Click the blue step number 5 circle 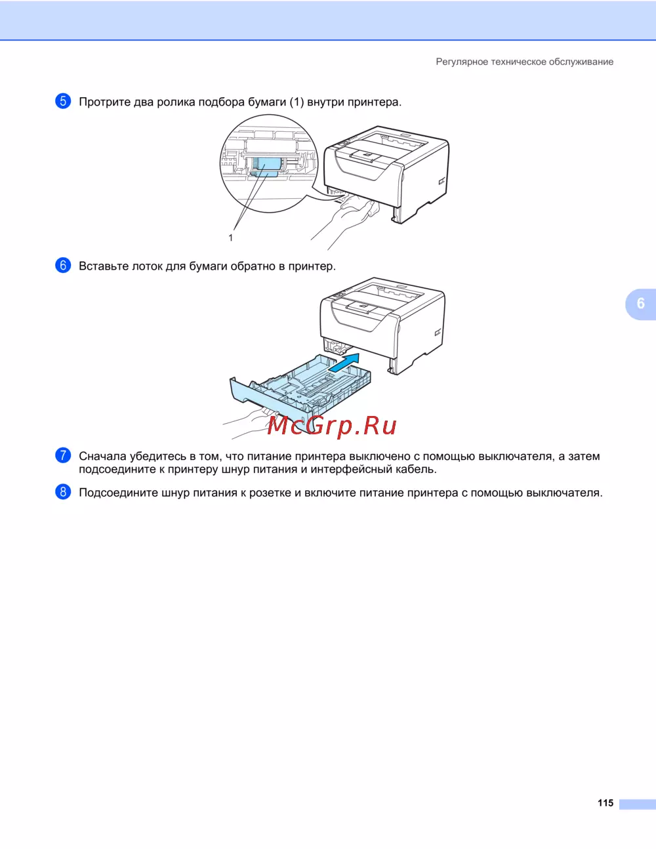63,101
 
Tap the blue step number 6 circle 63,265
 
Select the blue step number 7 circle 63,455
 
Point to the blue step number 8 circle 63,491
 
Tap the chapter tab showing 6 640,304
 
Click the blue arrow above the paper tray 344,363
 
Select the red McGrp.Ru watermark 332,426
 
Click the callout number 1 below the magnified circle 231,238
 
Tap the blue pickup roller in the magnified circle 265,167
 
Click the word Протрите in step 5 105,102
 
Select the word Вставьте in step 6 104,266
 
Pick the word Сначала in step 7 103,457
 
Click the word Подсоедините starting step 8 118,493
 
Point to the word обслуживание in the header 581,62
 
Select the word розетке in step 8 270,493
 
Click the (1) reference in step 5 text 297,102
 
